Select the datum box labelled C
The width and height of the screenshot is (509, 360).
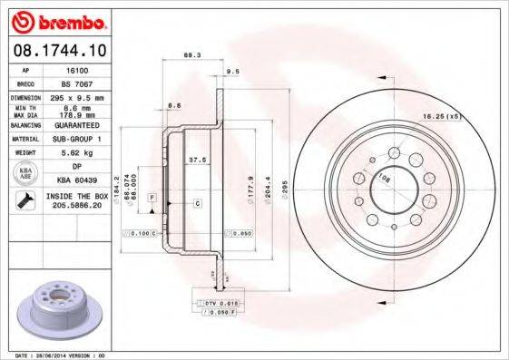coord(197,205)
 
